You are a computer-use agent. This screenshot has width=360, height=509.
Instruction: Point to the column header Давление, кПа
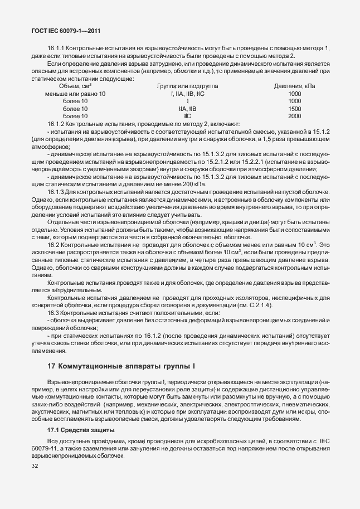(294, 86)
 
